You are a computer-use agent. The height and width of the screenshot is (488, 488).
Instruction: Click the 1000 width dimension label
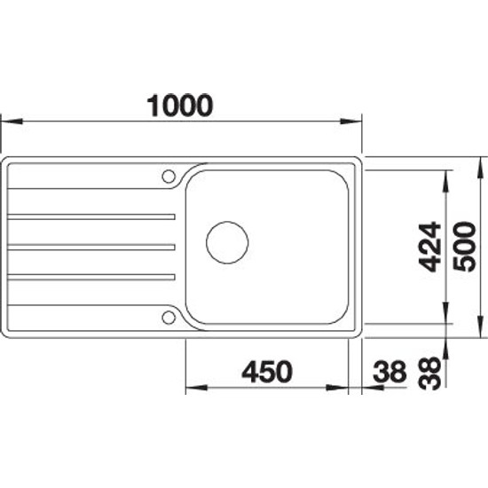coord(180,106)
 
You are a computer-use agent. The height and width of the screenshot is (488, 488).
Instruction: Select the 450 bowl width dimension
coord(267,372)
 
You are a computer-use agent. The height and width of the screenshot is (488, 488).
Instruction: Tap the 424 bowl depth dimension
coord(429,247)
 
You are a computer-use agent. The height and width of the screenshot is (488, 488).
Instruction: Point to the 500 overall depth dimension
coord(464,247)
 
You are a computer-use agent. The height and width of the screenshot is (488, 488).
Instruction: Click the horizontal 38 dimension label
coord(390,372)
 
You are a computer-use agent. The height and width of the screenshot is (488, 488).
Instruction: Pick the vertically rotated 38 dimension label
coord(429,374)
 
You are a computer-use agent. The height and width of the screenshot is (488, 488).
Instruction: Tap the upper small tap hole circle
coord(169,177)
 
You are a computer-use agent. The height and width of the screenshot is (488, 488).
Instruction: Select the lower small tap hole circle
coord(169,318)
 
